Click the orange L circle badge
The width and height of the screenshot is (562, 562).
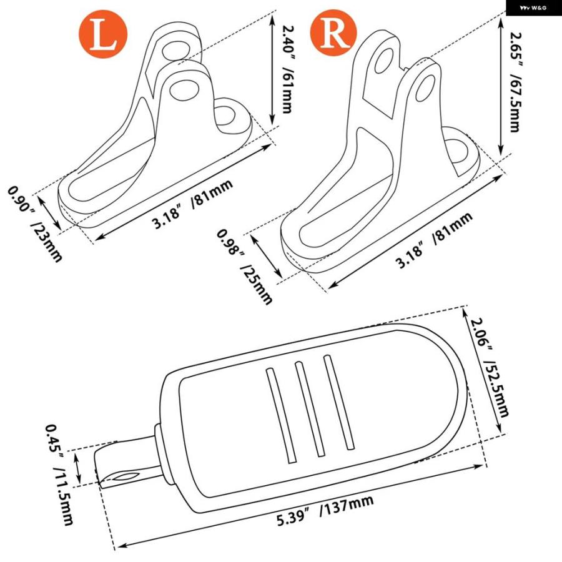tap(103, 34)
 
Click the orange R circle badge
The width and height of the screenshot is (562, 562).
tap(333, 32)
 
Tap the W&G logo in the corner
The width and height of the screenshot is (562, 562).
tap(534, 7)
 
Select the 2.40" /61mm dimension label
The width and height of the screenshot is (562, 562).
tap(287, 69)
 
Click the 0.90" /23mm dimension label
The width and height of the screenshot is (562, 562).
tap(36, 224)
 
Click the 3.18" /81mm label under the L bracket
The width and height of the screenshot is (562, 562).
tap(192, 203)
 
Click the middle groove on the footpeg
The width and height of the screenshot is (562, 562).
tap(310, 410)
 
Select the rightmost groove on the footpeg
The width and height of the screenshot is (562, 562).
tap(338, 402)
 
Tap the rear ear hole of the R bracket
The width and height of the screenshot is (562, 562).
tap(384, 62)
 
